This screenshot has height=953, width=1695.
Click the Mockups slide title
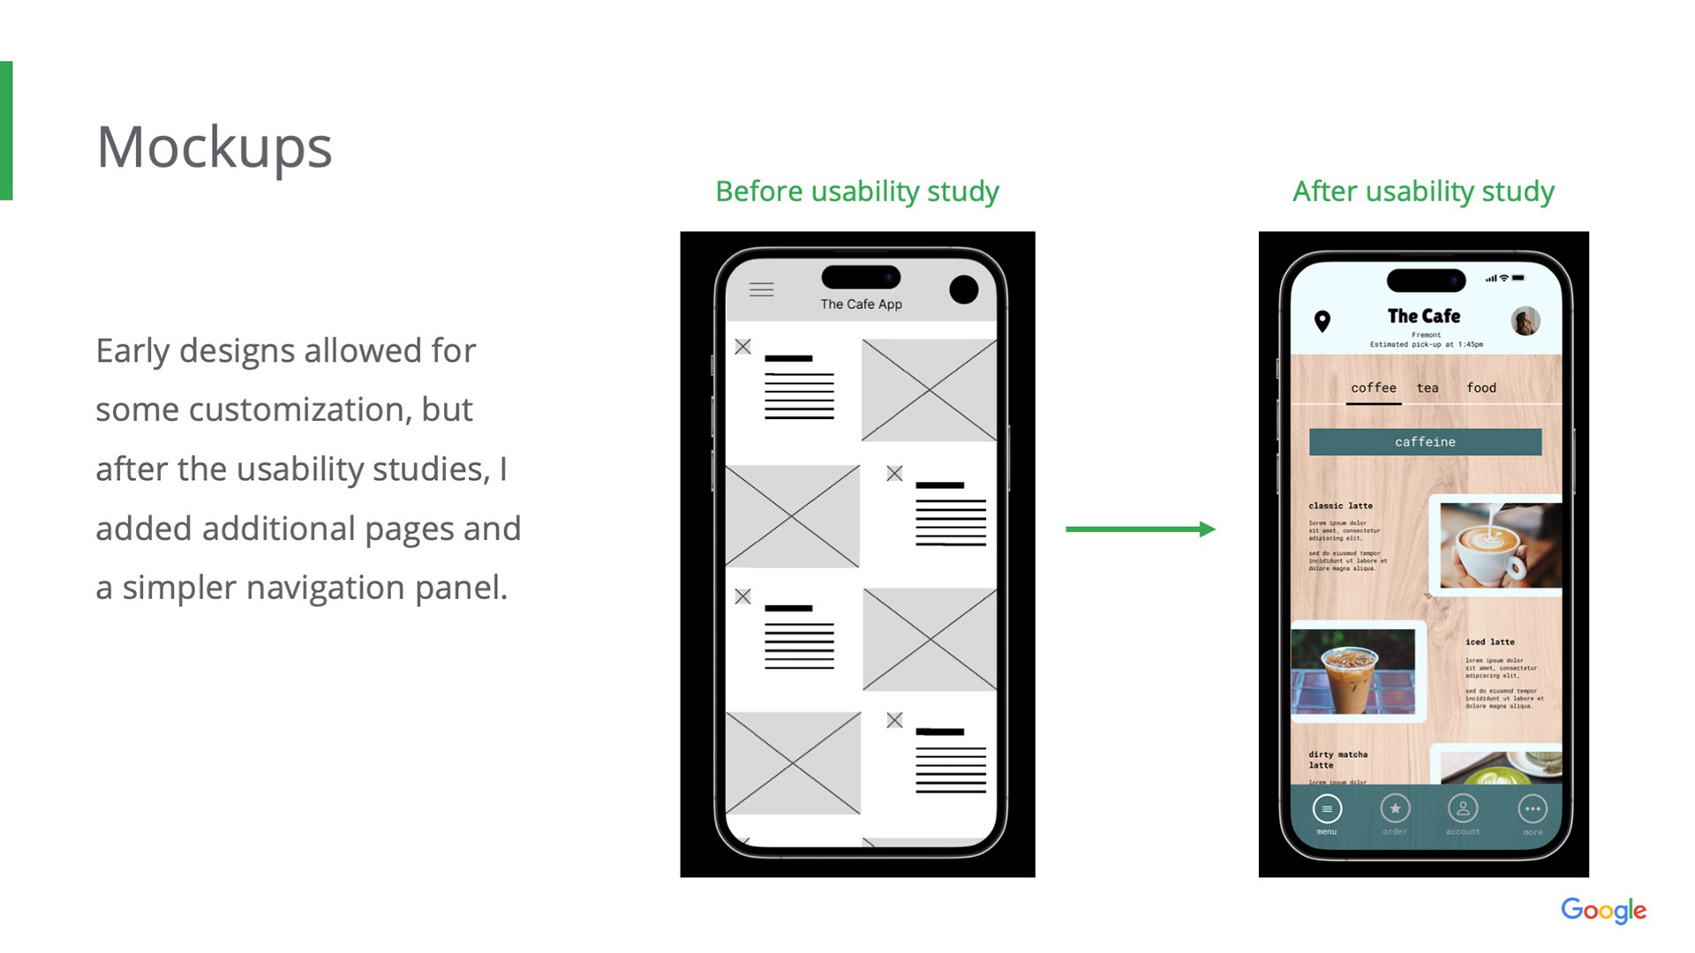(214, 147)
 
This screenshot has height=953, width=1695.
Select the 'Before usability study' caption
(856, 191)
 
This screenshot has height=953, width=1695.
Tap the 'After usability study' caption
(1423, 191)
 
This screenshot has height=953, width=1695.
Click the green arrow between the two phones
(1140, 529)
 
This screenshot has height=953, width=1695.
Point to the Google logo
(1603, 910)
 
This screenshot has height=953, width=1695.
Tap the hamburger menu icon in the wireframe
(761, 289)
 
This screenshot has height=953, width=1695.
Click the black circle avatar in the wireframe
(963, 289)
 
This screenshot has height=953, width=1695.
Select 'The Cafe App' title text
(861, 304)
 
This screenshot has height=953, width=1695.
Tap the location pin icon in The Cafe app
(1322, 320)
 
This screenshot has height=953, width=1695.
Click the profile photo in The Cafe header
(1525, 320)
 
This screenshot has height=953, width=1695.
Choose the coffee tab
(1373, 388)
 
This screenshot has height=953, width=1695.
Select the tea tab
(1428, 388)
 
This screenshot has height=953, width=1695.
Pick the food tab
(1481, 388)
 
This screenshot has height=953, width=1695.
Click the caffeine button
(1425, 442)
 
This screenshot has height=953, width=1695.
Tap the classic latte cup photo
(1499, 545)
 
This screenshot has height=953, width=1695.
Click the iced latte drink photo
(1353, 672)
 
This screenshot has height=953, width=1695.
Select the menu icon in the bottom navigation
(1327, 809)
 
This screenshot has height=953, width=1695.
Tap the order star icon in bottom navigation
(1395, 809)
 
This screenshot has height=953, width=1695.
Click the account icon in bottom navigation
(1463, 809)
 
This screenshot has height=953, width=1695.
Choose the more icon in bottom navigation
(1533, 809)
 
